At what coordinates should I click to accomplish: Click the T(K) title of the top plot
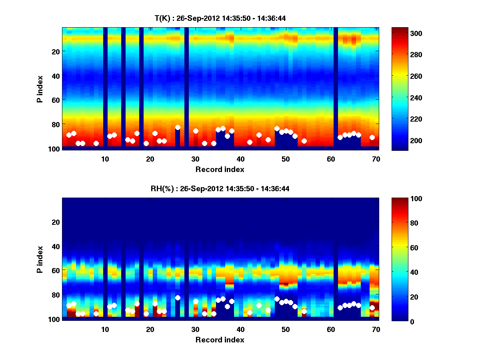point(220,18)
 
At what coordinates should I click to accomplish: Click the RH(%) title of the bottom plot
point(220,189)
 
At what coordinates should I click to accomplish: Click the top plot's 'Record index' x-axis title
point(220,169)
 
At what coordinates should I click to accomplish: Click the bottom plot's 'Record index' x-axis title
point(220,340)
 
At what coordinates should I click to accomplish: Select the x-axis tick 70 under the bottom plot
point(376,329)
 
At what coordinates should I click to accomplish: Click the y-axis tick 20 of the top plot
point(55,51)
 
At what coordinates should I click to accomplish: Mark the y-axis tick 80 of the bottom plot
point(55,295)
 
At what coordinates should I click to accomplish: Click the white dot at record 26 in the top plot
point(178,127)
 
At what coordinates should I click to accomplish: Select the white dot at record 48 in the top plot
point(277,128)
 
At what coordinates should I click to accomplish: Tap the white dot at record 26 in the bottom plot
point(178,298)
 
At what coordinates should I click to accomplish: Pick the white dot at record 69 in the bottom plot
point(372,308)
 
